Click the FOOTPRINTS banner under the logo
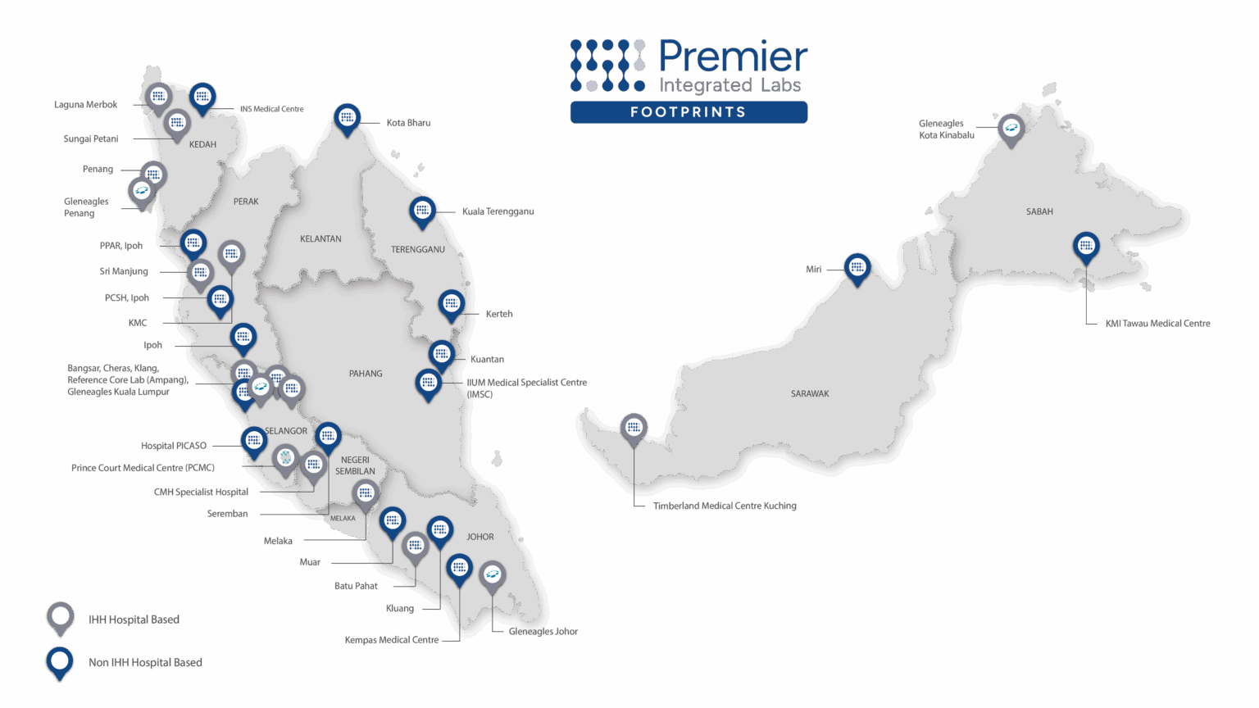[689, 112]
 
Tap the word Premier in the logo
[733, 57]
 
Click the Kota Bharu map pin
[348, 119]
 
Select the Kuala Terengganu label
[498, 211]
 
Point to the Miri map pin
[857, 267]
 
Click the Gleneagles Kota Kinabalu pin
[1011, 129]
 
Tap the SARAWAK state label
[810, 394]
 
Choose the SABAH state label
[1039, 211]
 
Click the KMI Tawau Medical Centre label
[1157, 324]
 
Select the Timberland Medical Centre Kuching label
[725, 506]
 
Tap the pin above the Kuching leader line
[634, 428]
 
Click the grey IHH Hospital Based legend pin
[61, 617]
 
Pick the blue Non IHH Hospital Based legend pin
[60, 661]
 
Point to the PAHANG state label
[366, 374]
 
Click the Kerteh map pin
[451, 305]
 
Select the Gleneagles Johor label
[543, 632]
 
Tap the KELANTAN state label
[320, 239]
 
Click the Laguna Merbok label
[86, 105]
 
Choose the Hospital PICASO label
[174, 446]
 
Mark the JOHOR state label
[480, 537]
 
